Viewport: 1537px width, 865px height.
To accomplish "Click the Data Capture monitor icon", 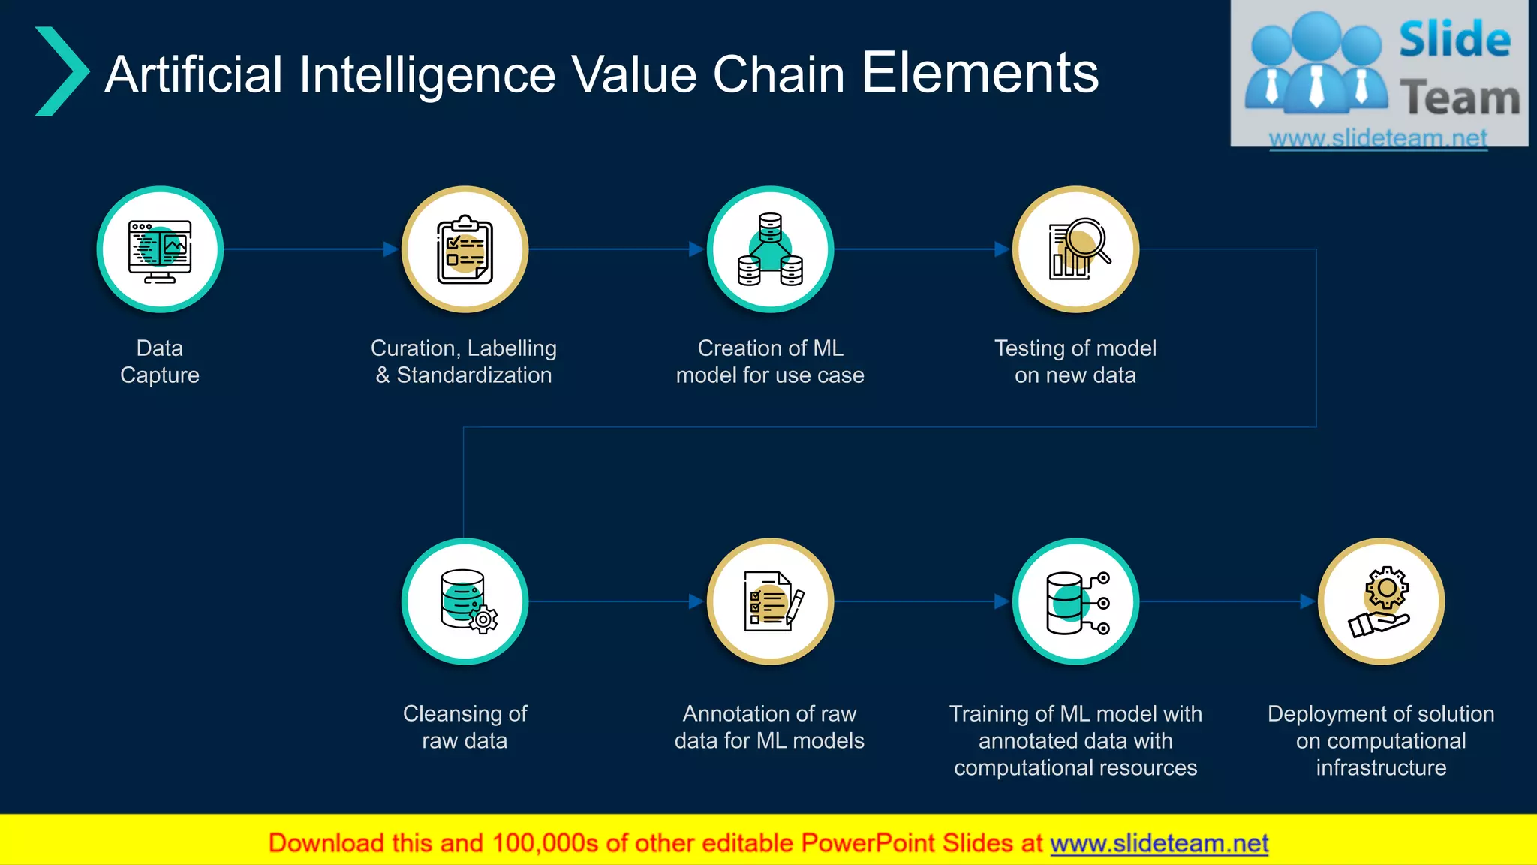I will coord(160,250).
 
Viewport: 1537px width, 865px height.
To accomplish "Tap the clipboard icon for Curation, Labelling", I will coord(465,250).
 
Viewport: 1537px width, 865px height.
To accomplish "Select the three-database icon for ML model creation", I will coord(770,250).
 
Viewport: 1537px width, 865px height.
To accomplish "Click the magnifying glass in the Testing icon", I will coord(1086,240).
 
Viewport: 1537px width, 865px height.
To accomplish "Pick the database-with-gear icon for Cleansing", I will coord(467,601).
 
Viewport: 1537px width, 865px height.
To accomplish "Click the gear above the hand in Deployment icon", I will coord(1386,588).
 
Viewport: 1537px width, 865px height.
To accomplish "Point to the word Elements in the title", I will coord(979,73).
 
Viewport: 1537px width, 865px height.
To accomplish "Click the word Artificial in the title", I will coord(194,74).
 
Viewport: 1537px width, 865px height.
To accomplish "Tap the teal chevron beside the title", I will coord(62,71).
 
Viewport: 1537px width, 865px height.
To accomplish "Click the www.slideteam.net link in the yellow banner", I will coord(1159,843).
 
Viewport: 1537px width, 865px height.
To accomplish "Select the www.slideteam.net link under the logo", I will coord(1377,138).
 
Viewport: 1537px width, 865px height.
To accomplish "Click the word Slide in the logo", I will coord(1454,39).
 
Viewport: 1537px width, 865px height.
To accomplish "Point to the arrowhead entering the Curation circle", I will coord(390,249).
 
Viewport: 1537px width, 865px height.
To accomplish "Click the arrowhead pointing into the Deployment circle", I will coord(1307,601).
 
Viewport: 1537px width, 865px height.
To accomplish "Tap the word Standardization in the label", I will coord(474,375).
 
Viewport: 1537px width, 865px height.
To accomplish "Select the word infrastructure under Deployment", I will coord(1380,767).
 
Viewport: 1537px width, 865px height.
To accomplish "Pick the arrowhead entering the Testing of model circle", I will coord(1001,249).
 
